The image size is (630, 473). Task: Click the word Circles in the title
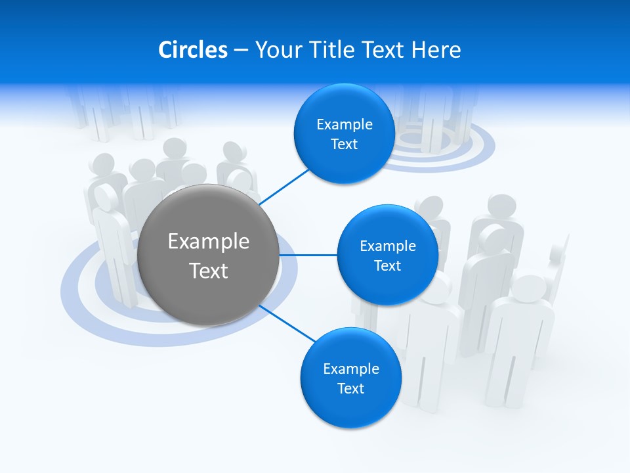click(x=192, y=50)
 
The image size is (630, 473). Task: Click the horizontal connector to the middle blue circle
click(x=308, y=255)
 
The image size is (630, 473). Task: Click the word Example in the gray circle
click(x=209, y=241)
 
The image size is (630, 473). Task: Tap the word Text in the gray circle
click(x=209, y=271)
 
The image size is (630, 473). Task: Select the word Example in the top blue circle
click(x=345, y=124)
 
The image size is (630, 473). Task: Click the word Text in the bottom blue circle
click(x=351, y=388)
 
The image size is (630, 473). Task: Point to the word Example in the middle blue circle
click(x=388, y=246)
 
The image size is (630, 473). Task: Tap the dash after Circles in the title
click(x=241, y=50)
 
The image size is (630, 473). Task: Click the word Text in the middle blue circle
click(x=388, y=265)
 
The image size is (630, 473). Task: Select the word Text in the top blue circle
click(x=345, y=144)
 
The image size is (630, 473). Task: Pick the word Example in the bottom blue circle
click(x=351, y=369)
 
